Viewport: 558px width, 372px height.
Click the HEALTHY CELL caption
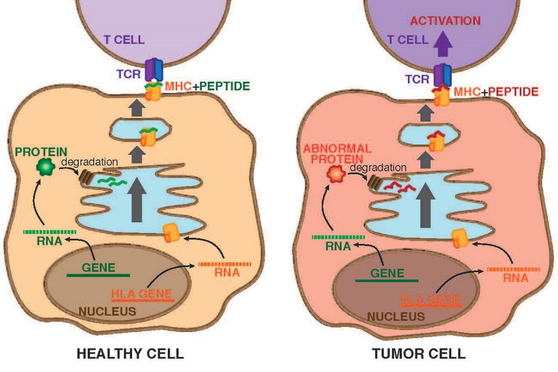click(x=130, y=354)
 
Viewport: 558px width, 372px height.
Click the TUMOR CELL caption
click(x=419, y=354)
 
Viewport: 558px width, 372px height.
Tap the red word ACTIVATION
click(x=445, y=21)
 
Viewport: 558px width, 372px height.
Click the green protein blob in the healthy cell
click(x=46, y=168)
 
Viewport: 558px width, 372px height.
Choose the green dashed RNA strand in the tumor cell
click(x=338, y=236)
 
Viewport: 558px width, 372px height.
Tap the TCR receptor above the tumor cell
click(x=444, y=74)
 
